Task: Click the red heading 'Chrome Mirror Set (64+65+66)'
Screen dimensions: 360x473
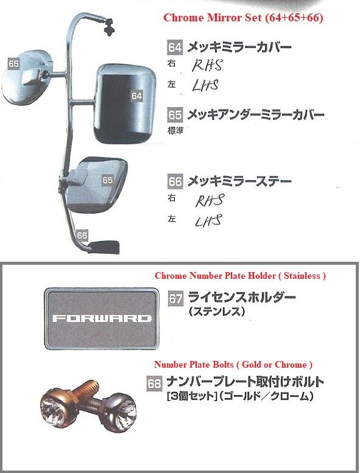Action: point(243,18)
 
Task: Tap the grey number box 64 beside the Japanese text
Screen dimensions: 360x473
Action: point(175,47)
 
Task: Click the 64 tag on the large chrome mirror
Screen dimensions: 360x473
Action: point(136,96)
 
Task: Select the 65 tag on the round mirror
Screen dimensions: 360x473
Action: point(13,64)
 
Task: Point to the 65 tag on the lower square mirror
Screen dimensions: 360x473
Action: point(107,180)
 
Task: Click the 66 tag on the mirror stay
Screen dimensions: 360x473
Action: point(82,236)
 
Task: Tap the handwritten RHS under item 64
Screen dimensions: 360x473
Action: point(207,65)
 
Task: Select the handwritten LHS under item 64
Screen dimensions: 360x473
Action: point(205,85)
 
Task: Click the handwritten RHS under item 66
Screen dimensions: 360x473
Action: point(210,200)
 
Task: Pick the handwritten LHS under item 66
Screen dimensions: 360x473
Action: point(208,220)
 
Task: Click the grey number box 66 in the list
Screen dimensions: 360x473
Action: point(175,181)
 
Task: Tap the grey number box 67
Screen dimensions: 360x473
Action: point(175,299)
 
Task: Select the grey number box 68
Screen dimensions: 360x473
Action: point(154,384)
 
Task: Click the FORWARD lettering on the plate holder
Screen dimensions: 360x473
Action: point(102,318)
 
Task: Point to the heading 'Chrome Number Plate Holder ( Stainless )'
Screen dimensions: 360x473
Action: point(240,276)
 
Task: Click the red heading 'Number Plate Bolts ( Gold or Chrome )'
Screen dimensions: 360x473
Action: point(233,365)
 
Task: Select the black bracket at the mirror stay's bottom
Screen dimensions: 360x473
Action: point(104,247)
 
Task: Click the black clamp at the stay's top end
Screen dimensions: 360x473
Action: point(108,27)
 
